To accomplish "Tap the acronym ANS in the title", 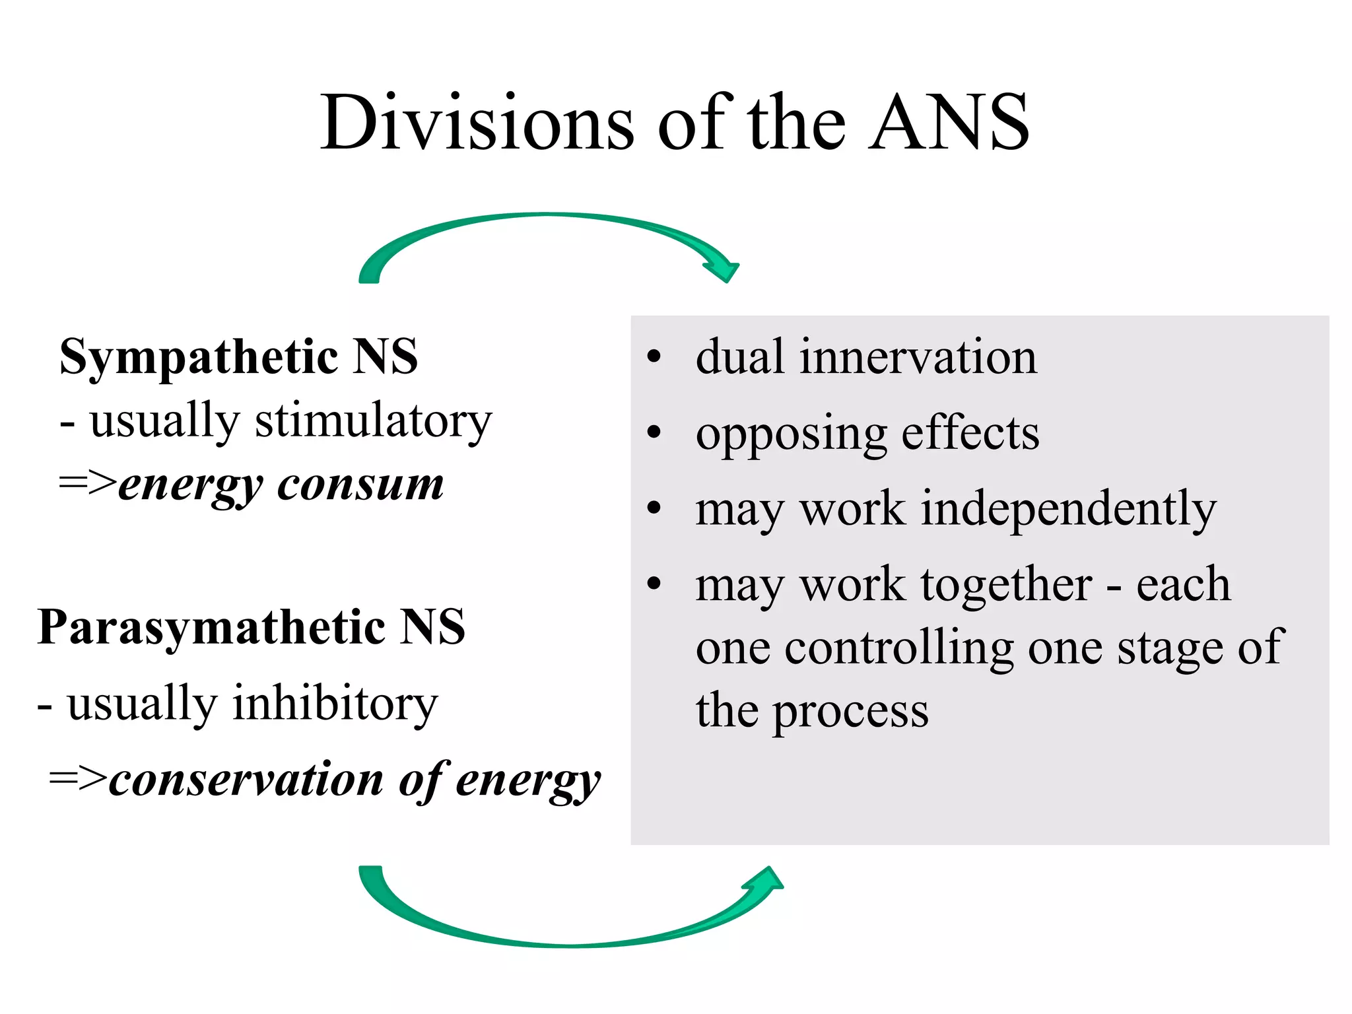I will [x=948, y=123].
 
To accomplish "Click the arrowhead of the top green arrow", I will [x=725, y=269].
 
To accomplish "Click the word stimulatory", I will [x=374, y=421].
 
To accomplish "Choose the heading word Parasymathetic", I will [x=211, y=627].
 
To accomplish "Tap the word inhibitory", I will [x=335, y=704].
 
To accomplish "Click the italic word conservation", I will [x=246, y=780].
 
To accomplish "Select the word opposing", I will [x=791, y=434].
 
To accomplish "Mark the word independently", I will [x=1068, y=510].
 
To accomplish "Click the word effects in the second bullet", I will [x=970, y=434].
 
